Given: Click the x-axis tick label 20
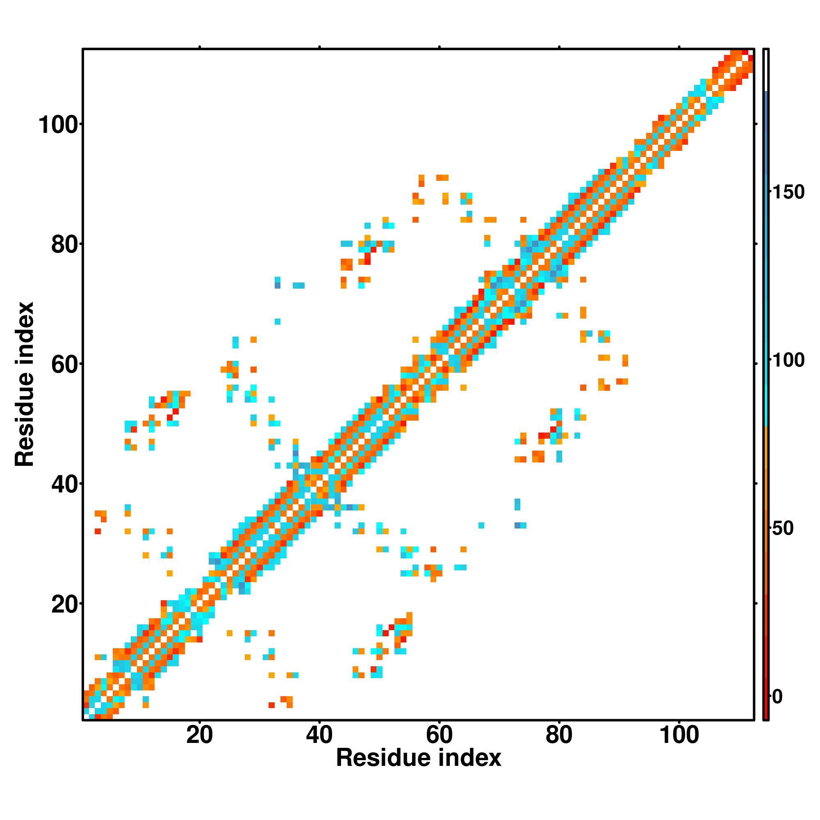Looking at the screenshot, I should tap(199, 735).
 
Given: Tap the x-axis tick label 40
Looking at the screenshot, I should tap(319, 735).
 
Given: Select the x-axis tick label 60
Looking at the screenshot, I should tap(439, 735).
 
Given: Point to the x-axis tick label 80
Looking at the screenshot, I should tap(559, 735).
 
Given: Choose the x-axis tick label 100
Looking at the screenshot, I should tap(679, 735).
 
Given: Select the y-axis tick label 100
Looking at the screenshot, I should tap(60, 125).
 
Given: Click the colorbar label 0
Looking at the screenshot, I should tap(777, 697).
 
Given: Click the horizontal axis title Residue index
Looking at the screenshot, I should tap(419, 758).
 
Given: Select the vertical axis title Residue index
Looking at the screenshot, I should tap(24, 384).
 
